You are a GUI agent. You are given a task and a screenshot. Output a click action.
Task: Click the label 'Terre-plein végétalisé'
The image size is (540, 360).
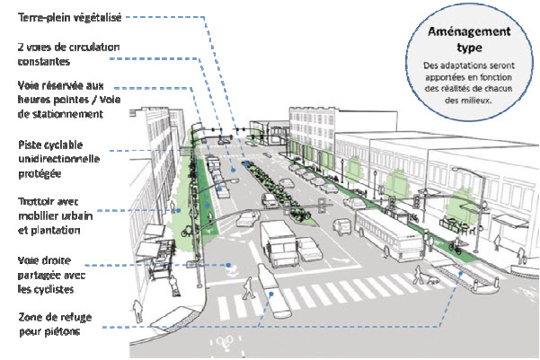point(69,17)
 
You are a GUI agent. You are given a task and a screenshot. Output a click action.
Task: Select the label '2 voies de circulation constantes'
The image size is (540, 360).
point(68,54)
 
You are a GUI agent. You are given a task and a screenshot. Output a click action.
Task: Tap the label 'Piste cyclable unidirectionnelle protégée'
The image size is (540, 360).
point(59,159)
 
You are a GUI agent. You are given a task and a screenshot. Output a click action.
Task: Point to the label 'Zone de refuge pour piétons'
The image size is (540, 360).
point(55,324)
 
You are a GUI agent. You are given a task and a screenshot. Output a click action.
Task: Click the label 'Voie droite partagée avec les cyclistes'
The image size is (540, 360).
point(51,275)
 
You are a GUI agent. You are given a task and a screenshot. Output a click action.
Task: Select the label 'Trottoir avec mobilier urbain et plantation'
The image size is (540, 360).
point(55,215)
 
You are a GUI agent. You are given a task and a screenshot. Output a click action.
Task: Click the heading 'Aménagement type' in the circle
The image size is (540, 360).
point(469,40)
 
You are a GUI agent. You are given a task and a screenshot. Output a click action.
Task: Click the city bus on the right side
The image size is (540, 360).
point(390,235)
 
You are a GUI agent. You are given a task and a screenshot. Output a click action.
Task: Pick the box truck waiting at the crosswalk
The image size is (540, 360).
point(279,243)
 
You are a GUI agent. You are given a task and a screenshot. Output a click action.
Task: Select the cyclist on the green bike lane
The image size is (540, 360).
point(456,245)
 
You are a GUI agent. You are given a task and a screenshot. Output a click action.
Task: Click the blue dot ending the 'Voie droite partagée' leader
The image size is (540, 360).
point(228,265)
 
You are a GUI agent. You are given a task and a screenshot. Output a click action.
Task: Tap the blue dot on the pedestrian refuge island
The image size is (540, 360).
point(271,294)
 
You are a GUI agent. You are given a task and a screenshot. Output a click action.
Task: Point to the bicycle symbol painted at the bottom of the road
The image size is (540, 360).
point(225,341)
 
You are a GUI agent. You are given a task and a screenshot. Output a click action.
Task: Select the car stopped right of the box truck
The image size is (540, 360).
point(309,249)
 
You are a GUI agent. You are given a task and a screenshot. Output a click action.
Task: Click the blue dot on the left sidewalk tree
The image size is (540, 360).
point(179,210)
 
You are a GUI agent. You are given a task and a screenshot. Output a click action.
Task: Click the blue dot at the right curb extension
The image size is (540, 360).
point(461,273)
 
